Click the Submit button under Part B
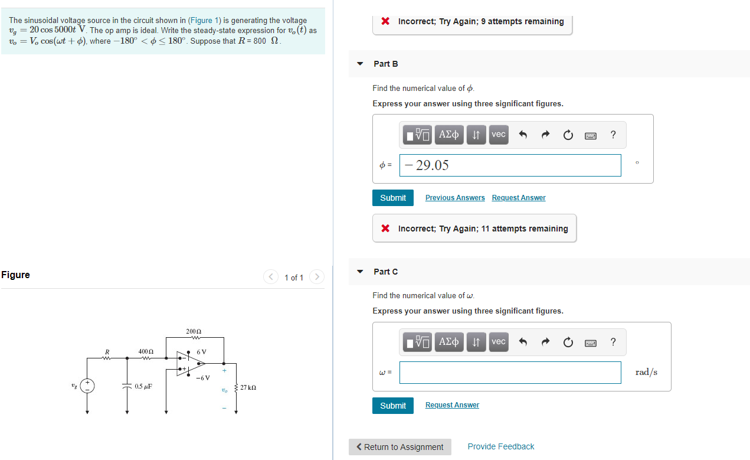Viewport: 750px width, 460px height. pos(393,198)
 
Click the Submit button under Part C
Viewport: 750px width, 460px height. pos(393,406)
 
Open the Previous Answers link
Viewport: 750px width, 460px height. pos(455,198)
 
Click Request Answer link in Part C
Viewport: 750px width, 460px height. pos(452,405)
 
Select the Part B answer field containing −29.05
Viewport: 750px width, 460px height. pos(510,165)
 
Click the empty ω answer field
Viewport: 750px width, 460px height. pos(510,373)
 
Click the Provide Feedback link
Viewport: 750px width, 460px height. pos(500,446)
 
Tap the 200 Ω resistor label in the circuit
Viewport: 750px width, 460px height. pos(193,332)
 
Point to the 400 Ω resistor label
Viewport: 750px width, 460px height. pos(146,351)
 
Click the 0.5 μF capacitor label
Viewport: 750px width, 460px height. pos(143,386)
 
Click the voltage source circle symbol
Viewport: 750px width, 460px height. pos(88,386)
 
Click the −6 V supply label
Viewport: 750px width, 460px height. pos(203,378)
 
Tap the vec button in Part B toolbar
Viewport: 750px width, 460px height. pos(498,135)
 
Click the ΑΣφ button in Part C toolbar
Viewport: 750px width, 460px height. pos(449,342)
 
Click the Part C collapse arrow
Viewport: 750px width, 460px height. pos(360,272)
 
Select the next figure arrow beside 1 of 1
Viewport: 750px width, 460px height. pos(317,277)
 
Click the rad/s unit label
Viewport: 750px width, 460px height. pos(646,372)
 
